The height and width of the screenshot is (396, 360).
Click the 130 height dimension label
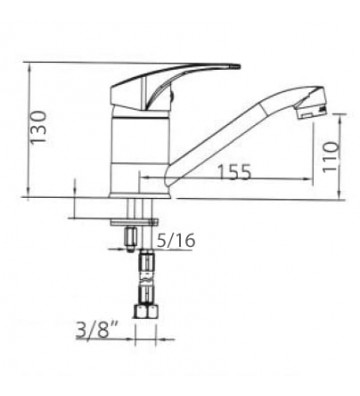tap(38, 127)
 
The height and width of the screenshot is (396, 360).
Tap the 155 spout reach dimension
tap(234, 172)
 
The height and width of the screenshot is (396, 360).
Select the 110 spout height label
tap(330, 156)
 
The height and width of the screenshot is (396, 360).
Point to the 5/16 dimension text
tap(175, 241)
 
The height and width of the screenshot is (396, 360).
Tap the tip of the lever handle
tap(238, 66)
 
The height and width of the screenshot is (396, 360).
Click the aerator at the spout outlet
tap(311, 112)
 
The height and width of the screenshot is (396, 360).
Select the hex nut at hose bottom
tap(146, 312)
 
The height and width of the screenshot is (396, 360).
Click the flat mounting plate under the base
tap(134, 222)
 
